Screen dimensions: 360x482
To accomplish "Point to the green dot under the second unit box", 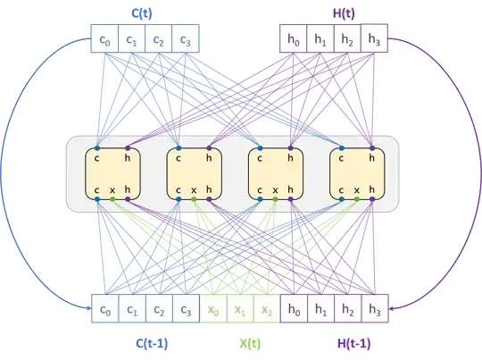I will click(x=195, y=204).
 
